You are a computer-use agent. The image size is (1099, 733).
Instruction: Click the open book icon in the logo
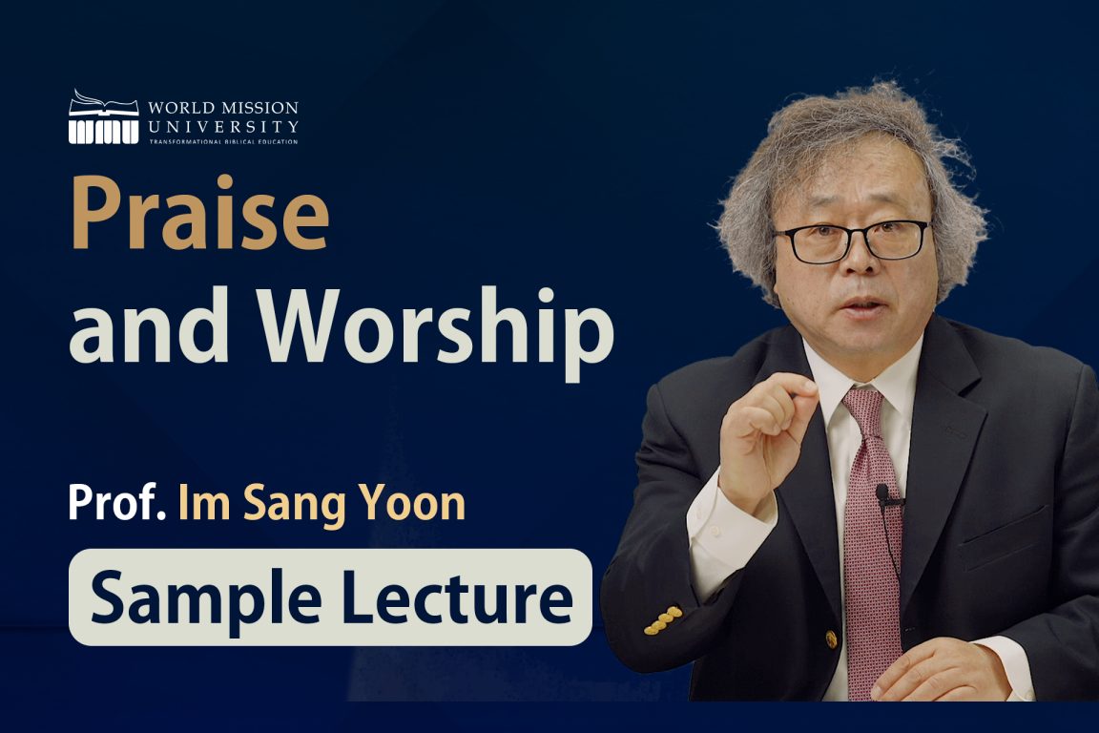[104, 104]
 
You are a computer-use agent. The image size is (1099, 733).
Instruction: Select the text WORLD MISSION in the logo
[223, 108]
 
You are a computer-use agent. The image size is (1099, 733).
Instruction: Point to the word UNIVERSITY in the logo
[223, 126]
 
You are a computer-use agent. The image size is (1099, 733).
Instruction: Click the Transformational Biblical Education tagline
[223, 141]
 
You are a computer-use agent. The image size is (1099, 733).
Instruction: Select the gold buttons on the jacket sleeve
[663, 620]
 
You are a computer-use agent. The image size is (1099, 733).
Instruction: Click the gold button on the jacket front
[831, 639]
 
